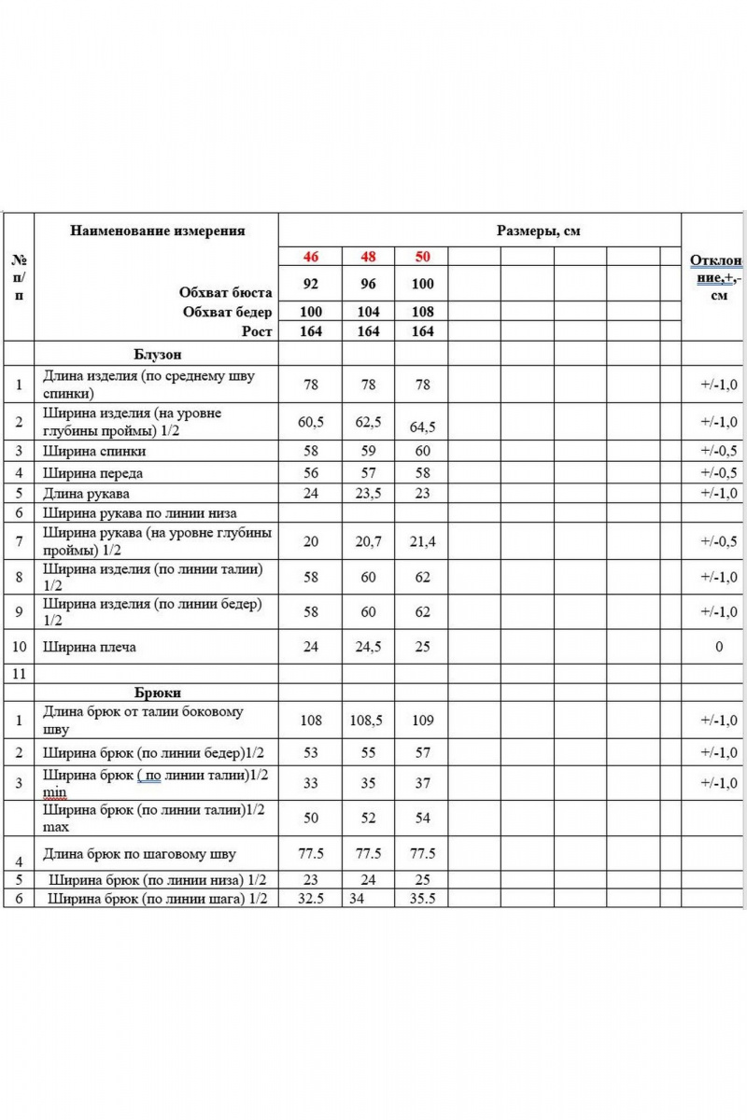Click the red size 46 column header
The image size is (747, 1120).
coord(311,256)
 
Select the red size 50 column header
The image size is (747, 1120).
coord(422,256)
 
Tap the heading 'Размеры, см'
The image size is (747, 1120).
coord(538,231)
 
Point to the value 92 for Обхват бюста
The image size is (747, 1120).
coord(311,283)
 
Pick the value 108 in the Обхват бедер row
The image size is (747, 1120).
coord(422,312)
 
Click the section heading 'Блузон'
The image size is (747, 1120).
coord(155,355)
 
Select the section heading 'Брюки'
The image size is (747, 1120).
coord(156,693)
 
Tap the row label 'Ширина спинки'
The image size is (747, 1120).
coord(94,451)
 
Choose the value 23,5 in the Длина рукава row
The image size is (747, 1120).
coord(369,493)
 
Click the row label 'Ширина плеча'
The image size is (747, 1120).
coord(91,646)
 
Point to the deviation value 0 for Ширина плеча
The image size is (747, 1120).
coord(718,646)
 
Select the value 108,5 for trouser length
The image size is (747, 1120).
coord(369,721)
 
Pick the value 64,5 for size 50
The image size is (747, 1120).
coord(423,427)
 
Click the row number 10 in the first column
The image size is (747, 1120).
coord(19,646)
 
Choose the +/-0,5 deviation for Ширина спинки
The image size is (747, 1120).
coord(718,451)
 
